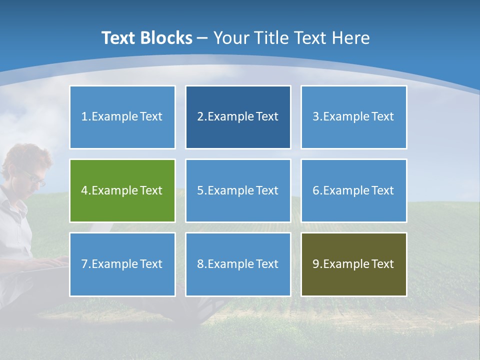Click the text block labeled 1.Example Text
point(122,117)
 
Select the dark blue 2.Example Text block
point(238,117)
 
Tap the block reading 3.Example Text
point(353,117)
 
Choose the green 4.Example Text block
point(122,190)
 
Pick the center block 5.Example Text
point(238,190)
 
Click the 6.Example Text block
point(353,190)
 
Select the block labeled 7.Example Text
point(122,264)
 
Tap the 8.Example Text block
point(238,264)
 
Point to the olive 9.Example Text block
point(353,264)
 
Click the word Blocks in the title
point(167,38)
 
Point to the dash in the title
point(202,38)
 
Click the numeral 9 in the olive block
point(315,264)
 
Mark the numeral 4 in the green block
point(84,190)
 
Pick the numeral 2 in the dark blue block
point(200,117)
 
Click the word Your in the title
point(230,38)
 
